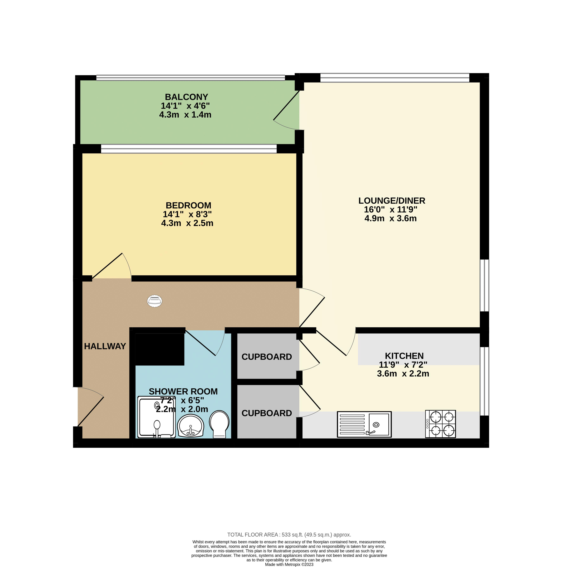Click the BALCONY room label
point(186,97)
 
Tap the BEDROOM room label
point(188,205)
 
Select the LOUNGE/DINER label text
point(392,201)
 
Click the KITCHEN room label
point(404,356)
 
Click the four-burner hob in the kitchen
point(440,424)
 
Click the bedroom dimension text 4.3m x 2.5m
point(187,223)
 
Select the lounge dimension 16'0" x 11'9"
point(391,209)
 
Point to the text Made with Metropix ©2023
point(289,564)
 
